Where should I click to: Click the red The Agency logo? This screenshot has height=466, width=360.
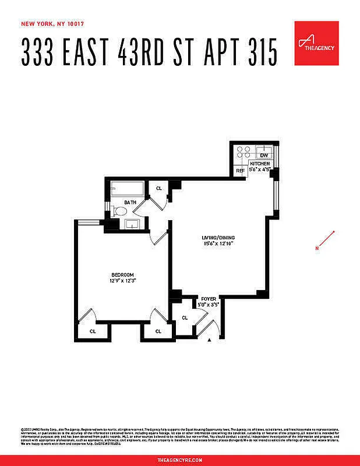tap(316, 43)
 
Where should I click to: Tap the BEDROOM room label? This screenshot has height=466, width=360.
tap(123, 275)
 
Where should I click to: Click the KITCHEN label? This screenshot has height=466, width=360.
tap(260, 164)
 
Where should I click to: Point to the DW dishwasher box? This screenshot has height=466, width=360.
tap(263, 155)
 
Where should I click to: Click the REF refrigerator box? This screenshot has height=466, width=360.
tap(239, 171)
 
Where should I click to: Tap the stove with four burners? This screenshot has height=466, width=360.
tap(244, 153)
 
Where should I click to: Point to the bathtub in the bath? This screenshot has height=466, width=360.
tap(126, 189)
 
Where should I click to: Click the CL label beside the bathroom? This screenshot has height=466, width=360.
tap(158, 188)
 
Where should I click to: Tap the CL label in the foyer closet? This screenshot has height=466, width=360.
tap(185, 317)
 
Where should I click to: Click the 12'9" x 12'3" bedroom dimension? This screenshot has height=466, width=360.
tap(123, 281)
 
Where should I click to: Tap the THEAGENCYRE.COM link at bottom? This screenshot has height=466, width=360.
tap(179, 460)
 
